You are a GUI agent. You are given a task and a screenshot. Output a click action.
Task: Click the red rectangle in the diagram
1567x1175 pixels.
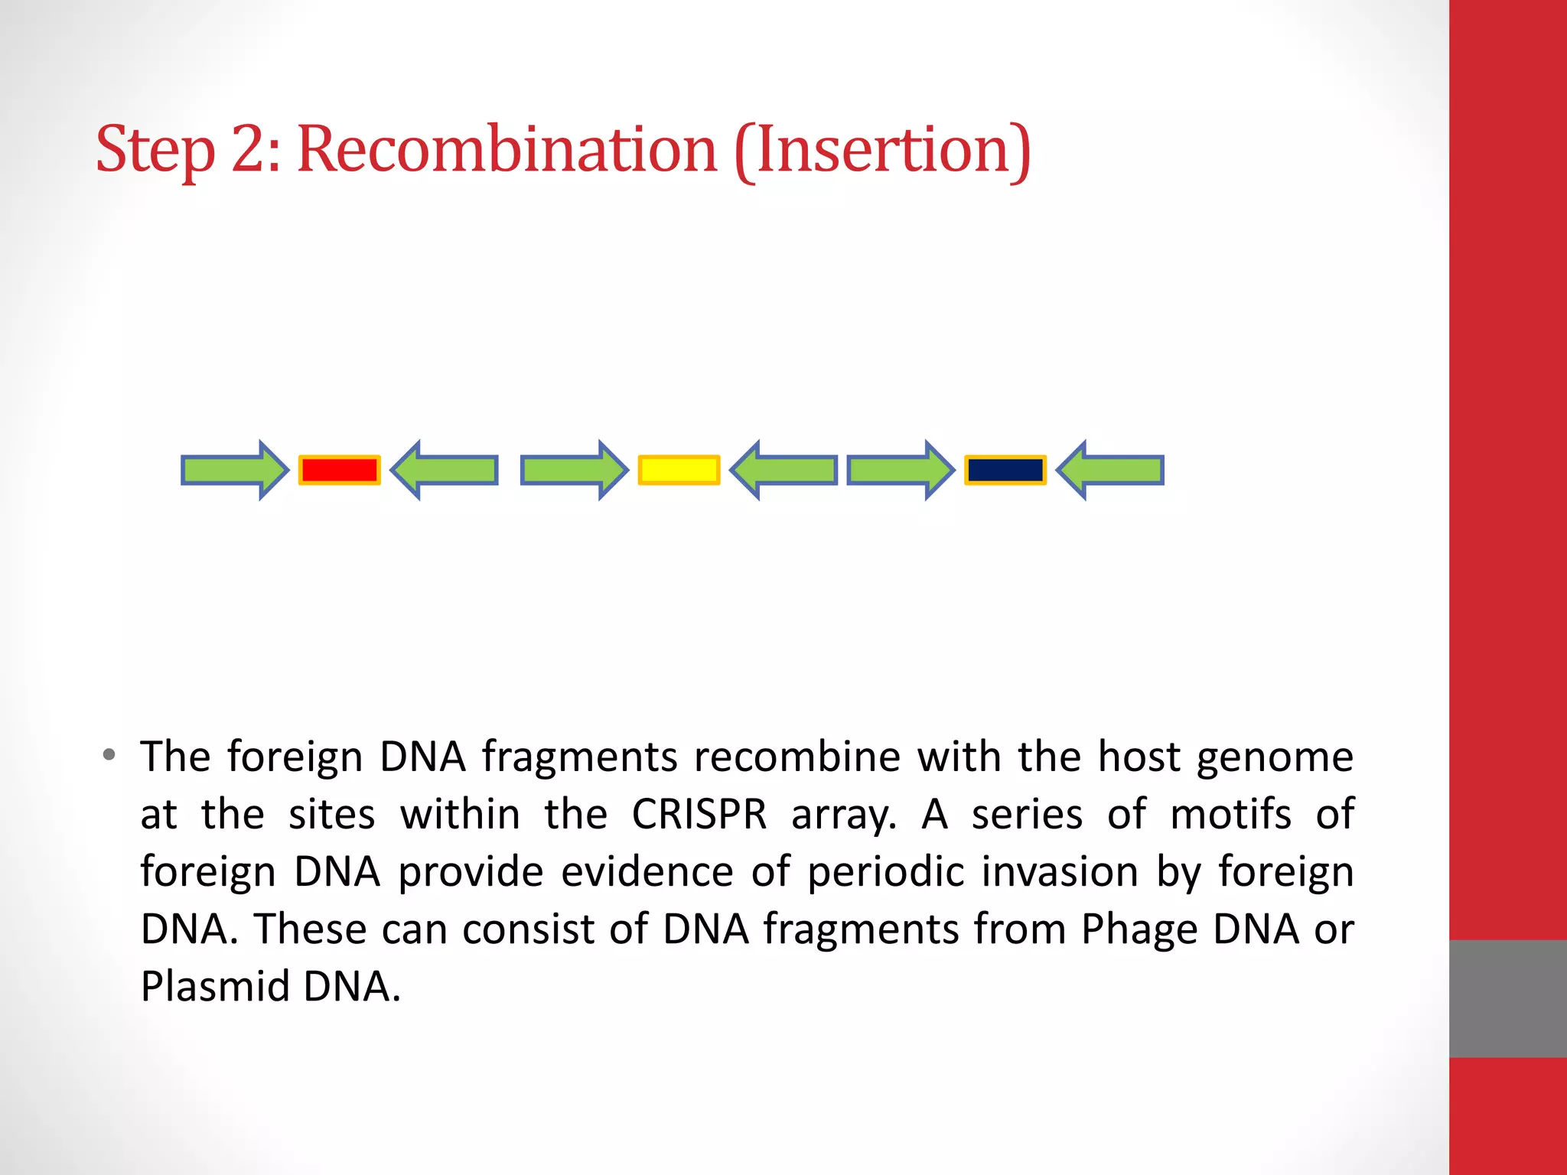[x=339, y=470]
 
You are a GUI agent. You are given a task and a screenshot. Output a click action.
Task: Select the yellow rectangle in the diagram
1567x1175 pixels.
[x=679, y=470]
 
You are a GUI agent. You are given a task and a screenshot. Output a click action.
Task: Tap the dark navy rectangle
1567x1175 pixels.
[x=1005, y=470]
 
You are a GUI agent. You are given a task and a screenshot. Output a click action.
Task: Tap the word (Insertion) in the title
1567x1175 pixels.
[x=882, y=151]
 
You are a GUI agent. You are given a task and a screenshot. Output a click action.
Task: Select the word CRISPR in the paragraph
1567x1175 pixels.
[x=699, y=814]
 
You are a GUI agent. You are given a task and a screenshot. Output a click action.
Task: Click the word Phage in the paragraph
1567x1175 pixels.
[x=1138, y=929]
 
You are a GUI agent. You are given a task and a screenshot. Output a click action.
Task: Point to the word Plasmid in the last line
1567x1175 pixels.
[x=215, y=986]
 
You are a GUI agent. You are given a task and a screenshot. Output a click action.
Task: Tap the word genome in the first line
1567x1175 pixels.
[x=1275, y=758]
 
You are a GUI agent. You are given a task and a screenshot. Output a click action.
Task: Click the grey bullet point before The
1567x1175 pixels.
[x=109, y=756]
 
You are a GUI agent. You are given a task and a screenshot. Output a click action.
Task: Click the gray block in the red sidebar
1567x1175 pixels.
[x=1507, y=998]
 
